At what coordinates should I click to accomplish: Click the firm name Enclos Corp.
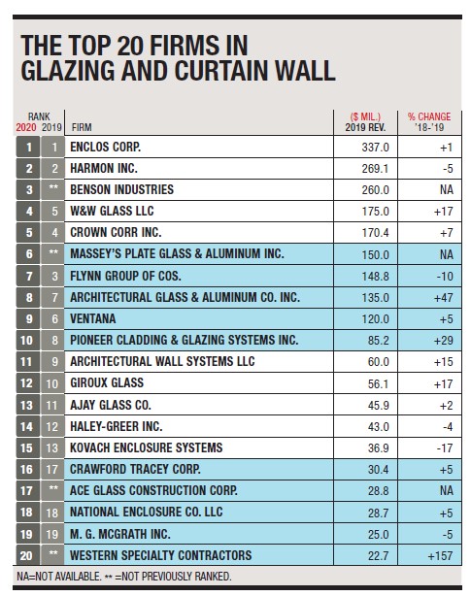105,147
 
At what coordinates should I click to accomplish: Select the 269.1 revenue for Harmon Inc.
375,168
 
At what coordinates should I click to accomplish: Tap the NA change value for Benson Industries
447,189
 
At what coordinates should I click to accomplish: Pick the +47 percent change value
443,297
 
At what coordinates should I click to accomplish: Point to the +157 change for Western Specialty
440,555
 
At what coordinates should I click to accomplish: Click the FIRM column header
82,127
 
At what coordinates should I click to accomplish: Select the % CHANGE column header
429,116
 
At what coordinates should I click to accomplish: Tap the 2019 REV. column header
365,127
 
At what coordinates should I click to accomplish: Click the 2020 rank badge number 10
26,340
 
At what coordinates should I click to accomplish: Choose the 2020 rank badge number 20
26,555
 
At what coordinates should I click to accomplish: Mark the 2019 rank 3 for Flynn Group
54,276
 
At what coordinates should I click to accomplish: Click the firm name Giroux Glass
107,382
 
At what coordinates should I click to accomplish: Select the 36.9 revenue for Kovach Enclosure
378,447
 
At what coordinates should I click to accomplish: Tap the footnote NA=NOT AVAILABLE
59,577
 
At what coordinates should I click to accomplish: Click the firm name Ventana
93,318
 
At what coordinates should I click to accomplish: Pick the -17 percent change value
445,447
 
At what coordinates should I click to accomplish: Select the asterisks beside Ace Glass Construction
53,488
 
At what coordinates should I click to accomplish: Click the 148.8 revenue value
375,276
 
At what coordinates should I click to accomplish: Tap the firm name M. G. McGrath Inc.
119,534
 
